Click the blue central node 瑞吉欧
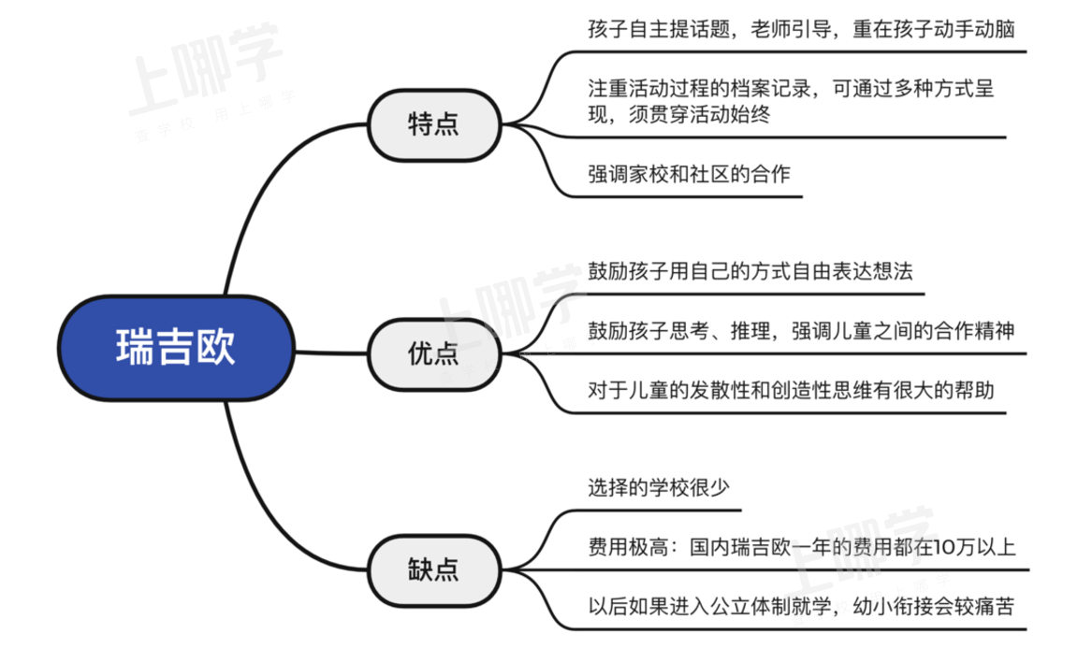(x=176, y=348)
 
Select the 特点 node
(x=434, y=125)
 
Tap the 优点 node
(x=434, y=353)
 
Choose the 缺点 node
(x=434, y=570)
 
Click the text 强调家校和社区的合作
(x=689, y=175)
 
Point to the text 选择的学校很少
(x=659, y=488)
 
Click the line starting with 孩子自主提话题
(x=801, y=30)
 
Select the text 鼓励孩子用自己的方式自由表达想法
(x=750, y=271)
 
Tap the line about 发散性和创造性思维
(x=791, y=390)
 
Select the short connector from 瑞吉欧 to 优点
(x=331, y=353)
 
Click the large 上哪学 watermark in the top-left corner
(x=206, y=68)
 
